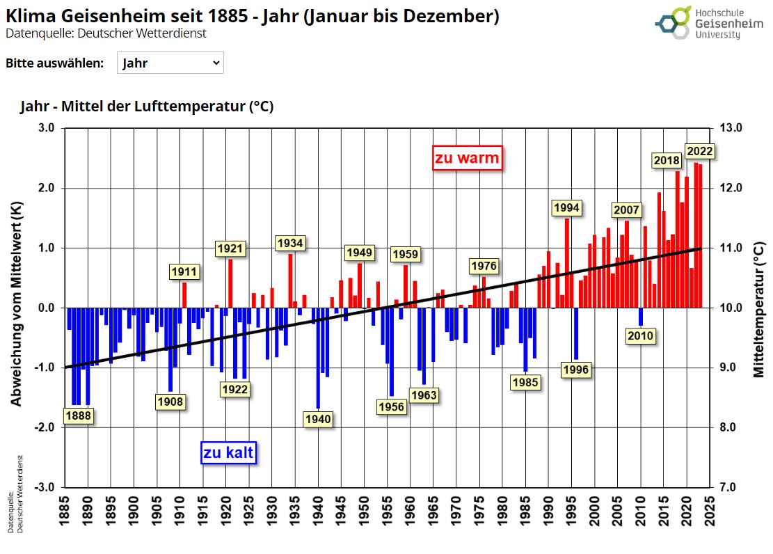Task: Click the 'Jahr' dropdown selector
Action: tap(170, 63)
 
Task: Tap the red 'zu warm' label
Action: tap(467, 158)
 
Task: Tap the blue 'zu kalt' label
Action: tap(229, 453)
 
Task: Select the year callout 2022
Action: tap(699, 151)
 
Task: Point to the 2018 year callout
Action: tap(666, 160)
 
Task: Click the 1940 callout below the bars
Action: tap(318, 419)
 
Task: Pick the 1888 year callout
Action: tap(78, 415)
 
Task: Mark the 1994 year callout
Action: tap(566, 207)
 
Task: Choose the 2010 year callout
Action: tap(640, 336)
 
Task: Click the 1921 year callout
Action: tap(230, 248)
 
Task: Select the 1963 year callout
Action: tap(424, 395)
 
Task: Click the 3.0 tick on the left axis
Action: tap(46, 128)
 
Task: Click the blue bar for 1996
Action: tap(576, 334)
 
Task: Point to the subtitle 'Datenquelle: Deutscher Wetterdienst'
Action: tap(106, 33)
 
